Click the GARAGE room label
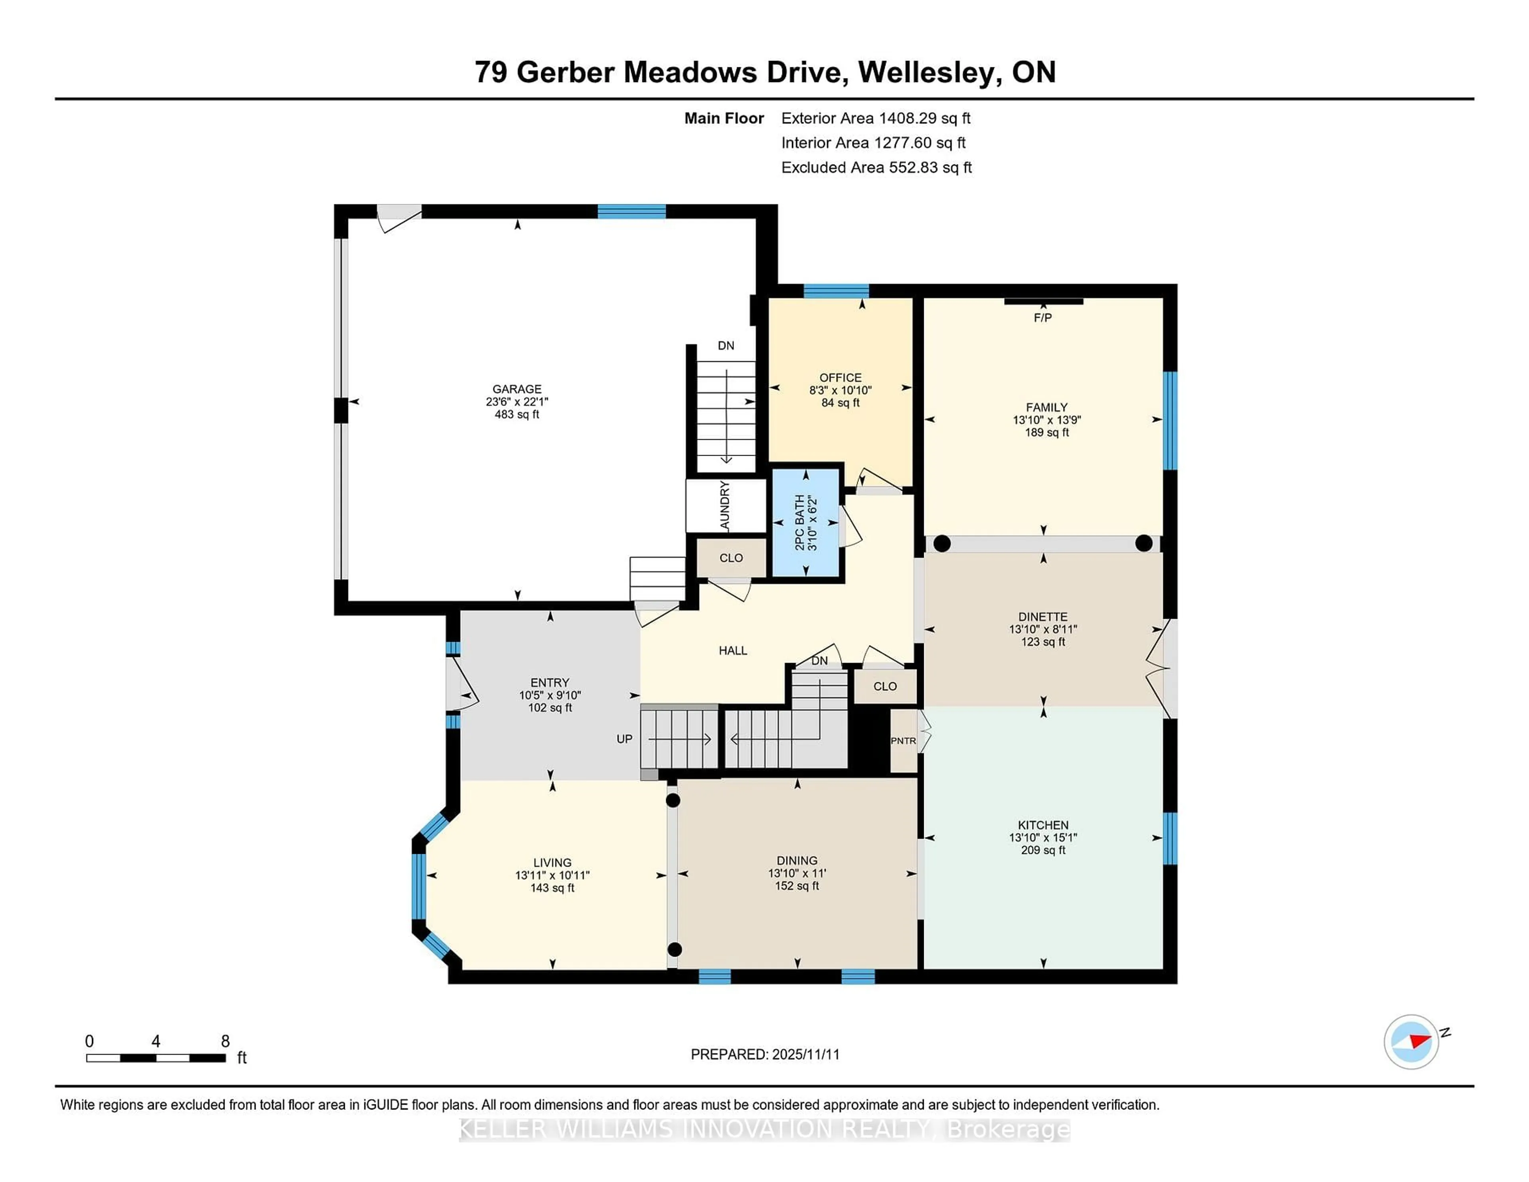click(x=517, y=389)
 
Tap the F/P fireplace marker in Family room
click(x=1042, y=318)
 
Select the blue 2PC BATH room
click(x=805, y=523)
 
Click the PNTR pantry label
click(x=903, y=741)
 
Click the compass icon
click(x=1411, y=1041)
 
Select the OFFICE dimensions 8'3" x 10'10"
click(x=840, y=390)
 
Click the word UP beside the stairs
click(x=624, y=739)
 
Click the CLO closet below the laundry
click(x=731, y=558)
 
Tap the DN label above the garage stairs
click(x=726, y=345)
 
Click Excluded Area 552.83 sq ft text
click(x=876, y=167)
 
